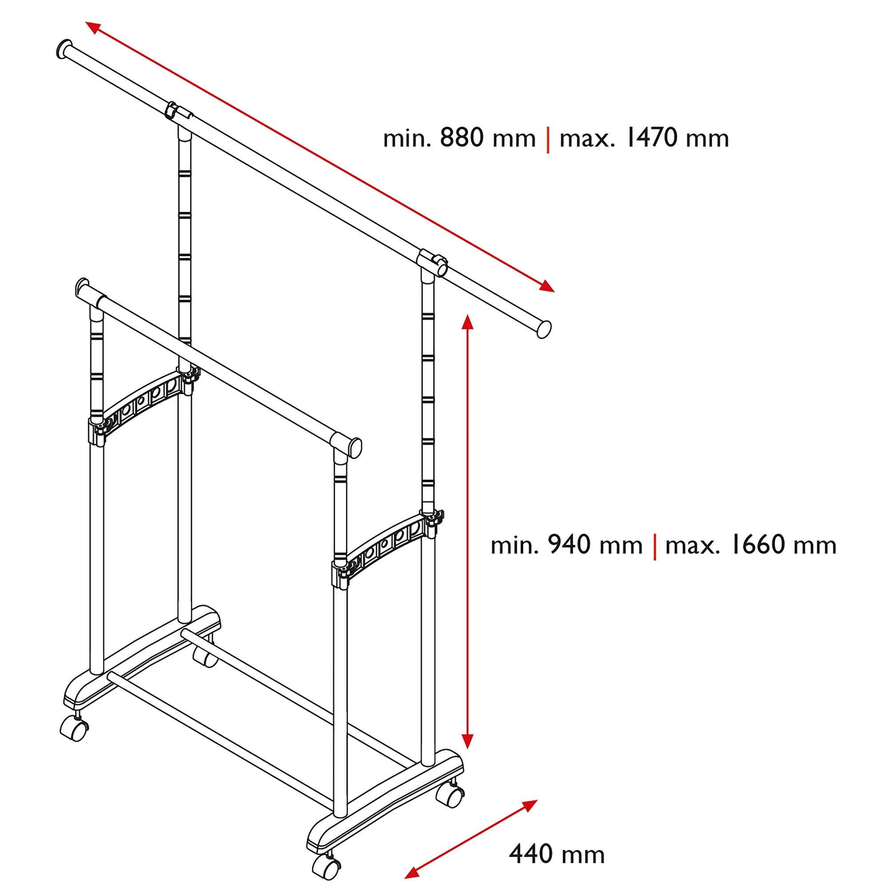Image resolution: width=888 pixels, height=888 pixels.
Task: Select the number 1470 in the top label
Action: point(652,138)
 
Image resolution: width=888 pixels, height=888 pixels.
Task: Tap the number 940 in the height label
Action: point(569,545)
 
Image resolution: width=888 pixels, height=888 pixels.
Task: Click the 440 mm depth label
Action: point(557,854)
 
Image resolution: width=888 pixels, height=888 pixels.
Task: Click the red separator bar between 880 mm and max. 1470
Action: point(548,140)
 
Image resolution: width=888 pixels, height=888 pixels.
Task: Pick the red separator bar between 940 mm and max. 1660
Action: point(654,547)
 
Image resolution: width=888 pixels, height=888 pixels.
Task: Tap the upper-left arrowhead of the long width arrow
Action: point(92,27)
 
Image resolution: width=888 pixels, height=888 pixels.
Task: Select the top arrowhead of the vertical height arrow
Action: point(468,323)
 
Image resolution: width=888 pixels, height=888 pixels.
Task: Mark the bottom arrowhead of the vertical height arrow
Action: point(468,741)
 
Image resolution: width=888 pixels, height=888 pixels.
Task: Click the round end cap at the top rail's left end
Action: point(63,49)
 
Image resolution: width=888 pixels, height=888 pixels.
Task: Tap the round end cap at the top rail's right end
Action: point(544,329)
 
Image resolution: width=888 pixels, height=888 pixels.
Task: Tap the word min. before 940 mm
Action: point(514,546)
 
